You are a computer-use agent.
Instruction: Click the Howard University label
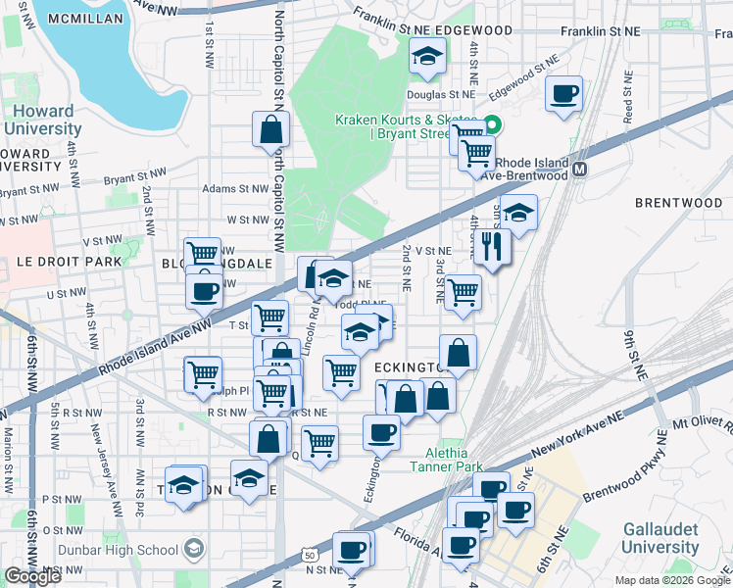[x=41, y=119]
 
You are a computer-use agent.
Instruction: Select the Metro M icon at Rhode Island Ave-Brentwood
[x=580, y=169]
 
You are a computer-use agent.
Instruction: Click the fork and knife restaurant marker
[x=492, y=247]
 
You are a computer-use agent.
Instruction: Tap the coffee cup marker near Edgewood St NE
[x=563, y=94]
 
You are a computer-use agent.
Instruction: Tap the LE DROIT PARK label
[x=69, y=262]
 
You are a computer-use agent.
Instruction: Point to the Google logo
[x=32, y=577]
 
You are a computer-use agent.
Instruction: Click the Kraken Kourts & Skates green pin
[x=493, y=124]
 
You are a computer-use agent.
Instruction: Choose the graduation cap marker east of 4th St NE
[x=519, y=212]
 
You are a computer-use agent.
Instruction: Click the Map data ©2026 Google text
[x=672, y=580]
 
